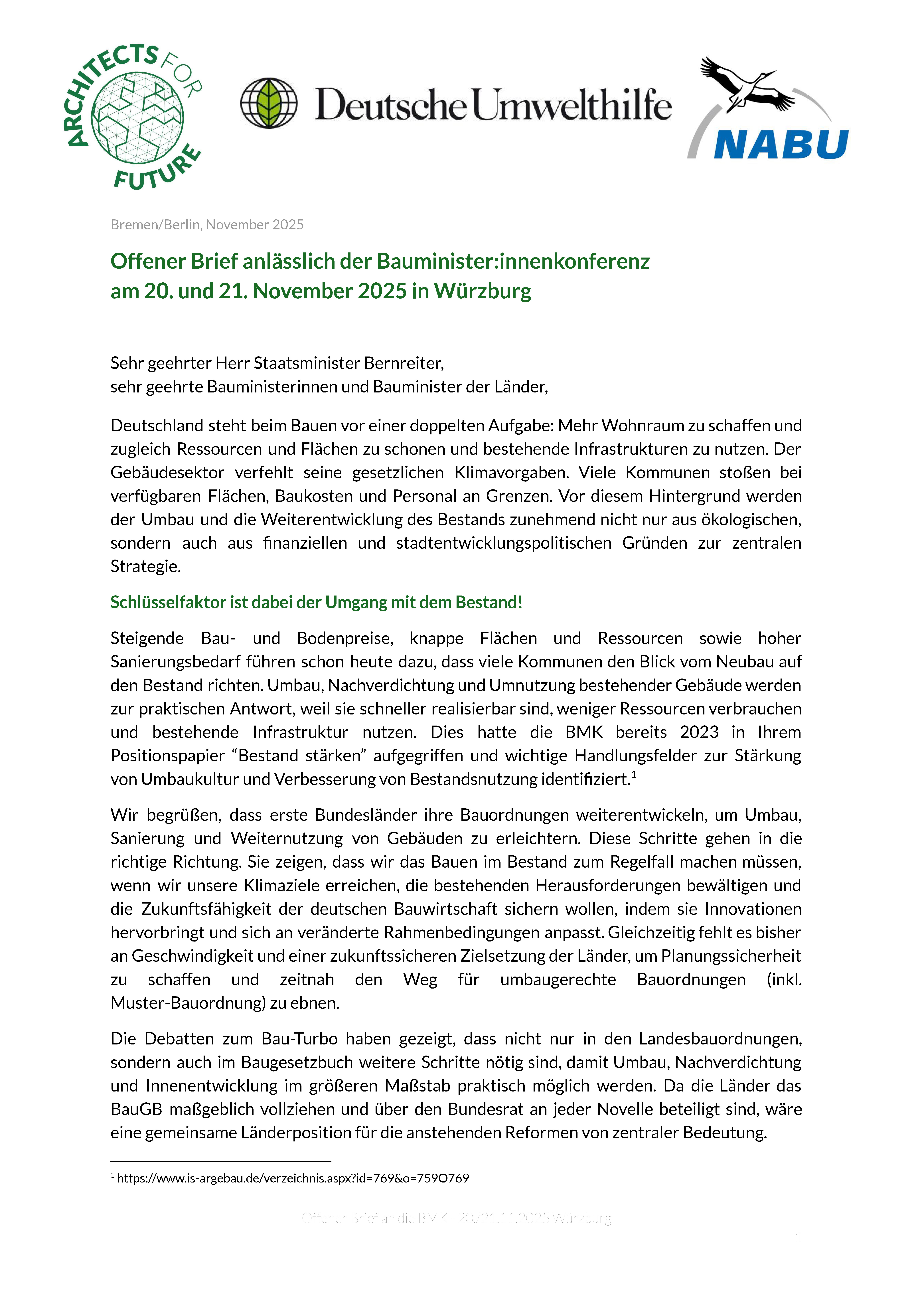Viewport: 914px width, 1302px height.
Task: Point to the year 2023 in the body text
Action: click(699, 732)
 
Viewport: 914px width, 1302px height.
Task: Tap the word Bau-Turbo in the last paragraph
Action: click(299, 1039)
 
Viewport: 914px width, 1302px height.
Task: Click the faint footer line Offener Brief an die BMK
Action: click(456, 1218)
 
